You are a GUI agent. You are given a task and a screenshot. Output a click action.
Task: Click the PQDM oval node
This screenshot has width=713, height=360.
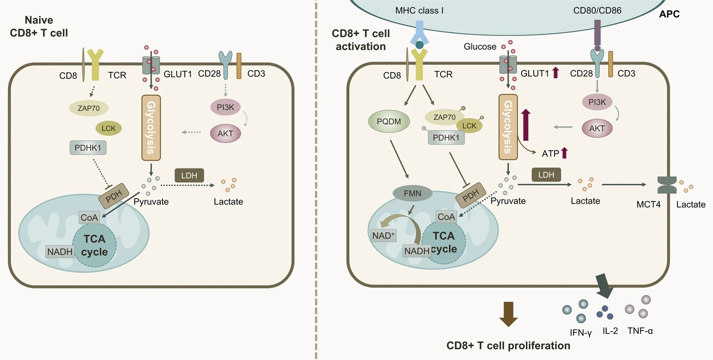(389, 122)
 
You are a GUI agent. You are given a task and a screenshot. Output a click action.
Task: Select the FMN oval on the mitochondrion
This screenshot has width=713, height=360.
(412, 193)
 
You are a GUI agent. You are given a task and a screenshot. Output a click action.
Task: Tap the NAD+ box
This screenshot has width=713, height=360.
(383, 235)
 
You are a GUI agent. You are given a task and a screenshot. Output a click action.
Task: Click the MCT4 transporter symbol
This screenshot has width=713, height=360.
(667, 185)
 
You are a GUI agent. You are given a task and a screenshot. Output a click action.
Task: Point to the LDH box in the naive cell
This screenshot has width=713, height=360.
(189, 175)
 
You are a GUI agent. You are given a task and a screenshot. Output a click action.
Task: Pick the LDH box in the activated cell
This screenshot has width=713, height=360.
(546, 175)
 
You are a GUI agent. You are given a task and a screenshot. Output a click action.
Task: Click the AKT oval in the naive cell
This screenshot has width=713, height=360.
(225, 133)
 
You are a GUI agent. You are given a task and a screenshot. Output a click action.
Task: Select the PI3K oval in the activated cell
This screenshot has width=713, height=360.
(597, 102)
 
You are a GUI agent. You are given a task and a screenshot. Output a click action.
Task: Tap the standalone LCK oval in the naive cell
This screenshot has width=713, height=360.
(108, 129)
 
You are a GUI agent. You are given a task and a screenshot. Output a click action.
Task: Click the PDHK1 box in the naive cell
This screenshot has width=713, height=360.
(88, 147)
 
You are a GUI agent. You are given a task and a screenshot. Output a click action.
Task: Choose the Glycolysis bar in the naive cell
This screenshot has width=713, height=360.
(151, 128)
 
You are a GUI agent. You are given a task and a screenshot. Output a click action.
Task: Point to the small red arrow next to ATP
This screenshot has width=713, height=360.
(565, 153)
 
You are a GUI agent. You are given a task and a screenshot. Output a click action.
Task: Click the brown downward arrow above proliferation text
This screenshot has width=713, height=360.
(509, 314)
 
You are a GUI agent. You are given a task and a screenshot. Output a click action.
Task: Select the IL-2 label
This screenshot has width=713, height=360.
(610, 331)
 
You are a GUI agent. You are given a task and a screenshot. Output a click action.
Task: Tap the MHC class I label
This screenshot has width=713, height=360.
(419, 10)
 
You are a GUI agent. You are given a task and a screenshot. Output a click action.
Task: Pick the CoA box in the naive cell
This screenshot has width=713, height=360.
(89, 218)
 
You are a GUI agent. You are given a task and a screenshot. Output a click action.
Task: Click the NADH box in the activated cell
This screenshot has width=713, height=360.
(416, 251)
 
